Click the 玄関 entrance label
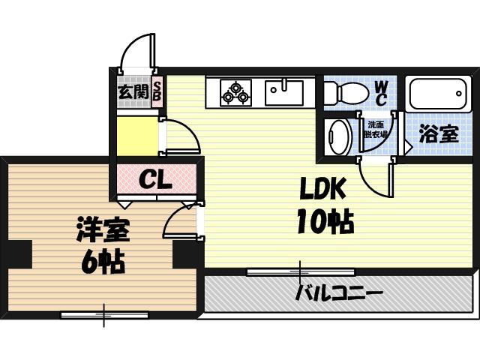point(133,93)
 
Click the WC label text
point(381,92)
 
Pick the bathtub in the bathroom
point(438,94)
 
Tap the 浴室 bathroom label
point(438,134)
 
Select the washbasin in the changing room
point(339,135)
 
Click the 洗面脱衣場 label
point(375,130)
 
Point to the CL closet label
point(156,180)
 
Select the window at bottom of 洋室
point(104,315)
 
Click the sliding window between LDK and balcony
point(300,271)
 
